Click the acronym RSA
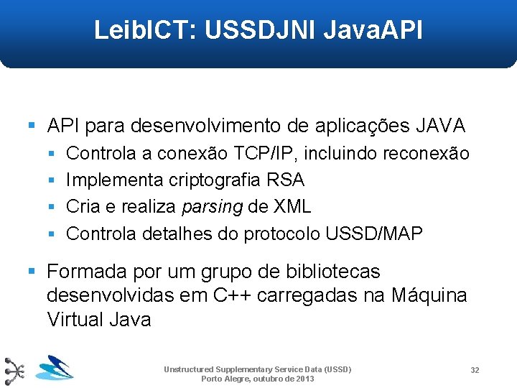[x=286, y=180]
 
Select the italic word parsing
[x=212, y=208]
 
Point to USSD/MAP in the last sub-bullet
[x=374, y=234]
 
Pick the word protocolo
[x=282, y=234]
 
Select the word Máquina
[x=429, y=295]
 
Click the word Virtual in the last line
[x=75, y=319]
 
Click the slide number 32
[x=475, y=370]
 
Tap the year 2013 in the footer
[x=305, y=379]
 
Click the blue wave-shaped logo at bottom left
[x=55, y=368]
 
